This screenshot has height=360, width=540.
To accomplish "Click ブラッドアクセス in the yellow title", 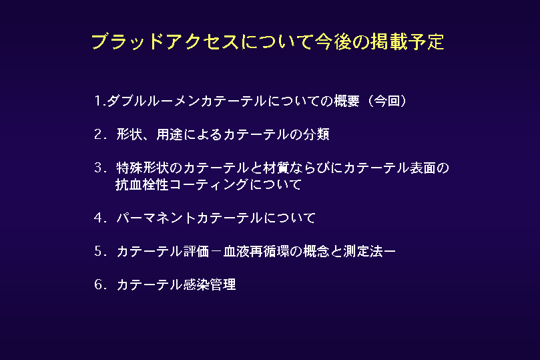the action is click(165, 41).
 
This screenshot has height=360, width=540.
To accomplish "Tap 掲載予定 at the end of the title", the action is click(407, 41).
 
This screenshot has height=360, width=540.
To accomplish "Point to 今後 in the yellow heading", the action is click(332, 41).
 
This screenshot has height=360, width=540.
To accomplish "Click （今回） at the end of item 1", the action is click(387, 101).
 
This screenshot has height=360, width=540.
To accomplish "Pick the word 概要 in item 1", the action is click(346, 101).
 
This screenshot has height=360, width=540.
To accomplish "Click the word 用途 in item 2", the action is click(170, 134).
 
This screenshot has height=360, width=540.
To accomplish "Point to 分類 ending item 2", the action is click(316, 134).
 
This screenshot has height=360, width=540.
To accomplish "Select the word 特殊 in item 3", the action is click(129, 168).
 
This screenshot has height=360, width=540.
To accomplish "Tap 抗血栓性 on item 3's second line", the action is click(142, 184).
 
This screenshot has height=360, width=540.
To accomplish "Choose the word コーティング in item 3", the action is click(209, 184).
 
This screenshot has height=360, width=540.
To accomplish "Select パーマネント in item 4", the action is click(156, 218).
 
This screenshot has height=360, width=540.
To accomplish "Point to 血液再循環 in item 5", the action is click(256, 252).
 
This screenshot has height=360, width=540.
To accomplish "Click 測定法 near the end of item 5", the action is click(362, 252).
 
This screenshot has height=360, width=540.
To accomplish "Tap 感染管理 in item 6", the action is click(210, 285).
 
